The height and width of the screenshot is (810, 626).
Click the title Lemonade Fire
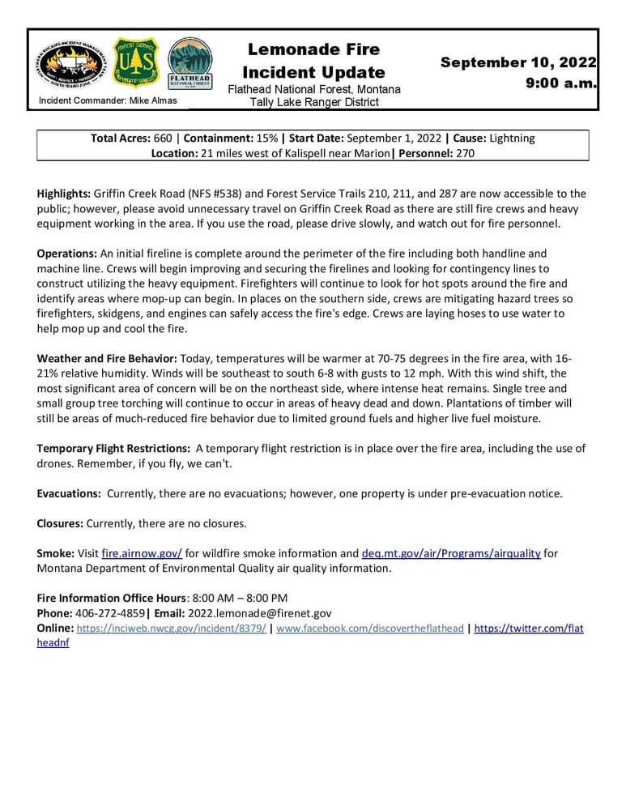click(313, 50)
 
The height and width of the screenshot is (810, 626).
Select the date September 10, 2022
click(518, 62)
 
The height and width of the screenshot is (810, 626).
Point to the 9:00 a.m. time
click(560, 83)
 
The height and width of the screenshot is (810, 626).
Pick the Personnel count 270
click(464, 153)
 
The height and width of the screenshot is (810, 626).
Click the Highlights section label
click(64, 194)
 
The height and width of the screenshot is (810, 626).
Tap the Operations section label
click(66, 254)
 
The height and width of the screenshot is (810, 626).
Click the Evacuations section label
click(69, 493)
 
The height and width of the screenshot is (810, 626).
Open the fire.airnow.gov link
click(142, 553)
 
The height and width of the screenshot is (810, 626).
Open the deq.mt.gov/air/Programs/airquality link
click(451, 553)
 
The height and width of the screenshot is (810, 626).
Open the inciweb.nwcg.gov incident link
click(171, 629)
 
